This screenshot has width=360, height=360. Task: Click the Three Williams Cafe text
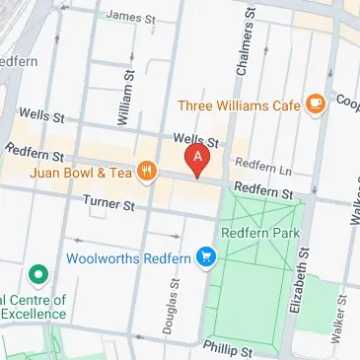click(239, 105)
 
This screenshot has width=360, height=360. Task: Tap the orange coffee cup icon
click(315, 103)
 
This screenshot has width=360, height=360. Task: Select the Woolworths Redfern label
click(128, 258)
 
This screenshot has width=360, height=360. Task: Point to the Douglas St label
click(171, 306)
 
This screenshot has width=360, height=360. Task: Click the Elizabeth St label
click(296, 283)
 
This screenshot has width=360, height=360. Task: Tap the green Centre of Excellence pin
click(36, 271)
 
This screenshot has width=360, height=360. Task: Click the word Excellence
click(32, 313)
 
